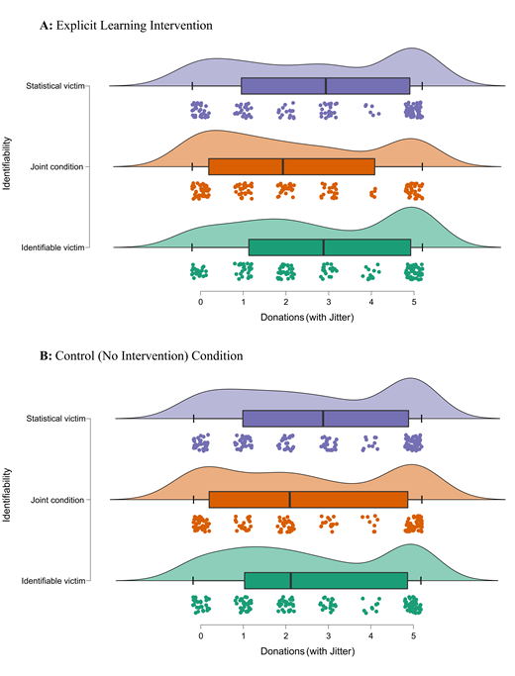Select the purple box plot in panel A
tap(325, 87)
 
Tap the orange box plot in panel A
tap(291, 166)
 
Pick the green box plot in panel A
tap(329, 247)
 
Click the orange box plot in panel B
tap(308, 500)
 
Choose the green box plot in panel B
tap(325, 580)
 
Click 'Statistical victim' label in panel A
tap(54, 87)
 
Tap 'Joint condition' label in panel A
tap(59, 166)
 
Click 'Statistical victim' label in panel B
tap(54, 420)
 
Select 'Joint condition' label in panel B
tap(59, 500)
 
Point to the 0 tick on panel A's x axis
tap(201, 301)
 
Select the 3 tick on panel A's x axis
tap(329, 301)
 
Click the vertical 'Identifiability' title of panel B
tap(9, 500)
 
